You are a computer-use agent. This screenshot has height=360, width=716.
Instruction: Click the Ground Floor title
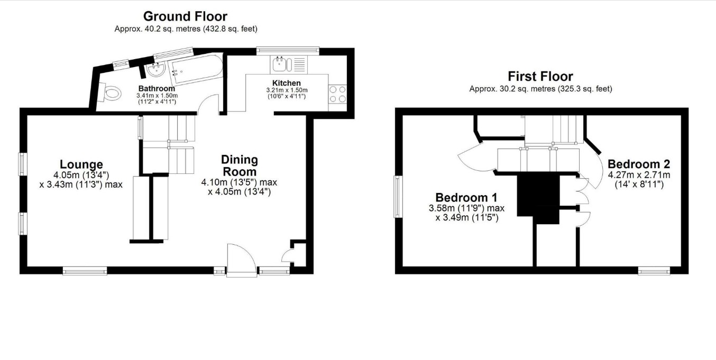coord(185,16)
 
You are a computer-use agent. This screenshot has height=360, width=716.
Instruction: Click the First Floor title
coord(540,77)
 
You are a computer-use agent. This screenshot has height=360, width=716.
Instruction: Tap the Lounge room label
coord(81,164)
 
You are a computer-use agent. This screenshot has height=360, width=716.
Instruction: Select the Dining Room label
coord(240,165)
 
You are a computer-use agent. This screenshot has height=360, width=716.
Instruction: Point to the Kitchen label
coord(287,83)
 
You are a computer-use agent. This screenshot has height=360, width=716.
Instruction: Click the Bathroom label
coord(157,88)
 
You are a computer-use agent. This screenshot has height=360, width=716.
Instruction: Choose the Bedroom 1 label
coord(466,198)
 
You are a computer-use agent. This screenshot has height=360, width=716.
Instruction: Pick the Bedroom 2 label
coord(639,164)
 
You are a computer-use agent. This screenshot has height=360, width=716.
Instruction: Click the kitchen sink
coord(282,64)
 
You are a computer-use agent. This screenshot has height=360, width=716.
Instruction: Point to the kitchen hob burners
coord(337,94)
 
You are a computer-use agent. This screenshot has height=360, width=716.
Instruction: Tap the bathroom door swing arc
coord(208,103)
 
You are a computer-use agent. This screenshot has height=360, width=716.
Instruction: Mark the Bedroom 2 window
coord(654,271)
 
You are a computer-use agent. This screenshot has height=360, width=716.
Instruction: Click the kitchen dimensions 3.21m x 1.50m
coord(287,90)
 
